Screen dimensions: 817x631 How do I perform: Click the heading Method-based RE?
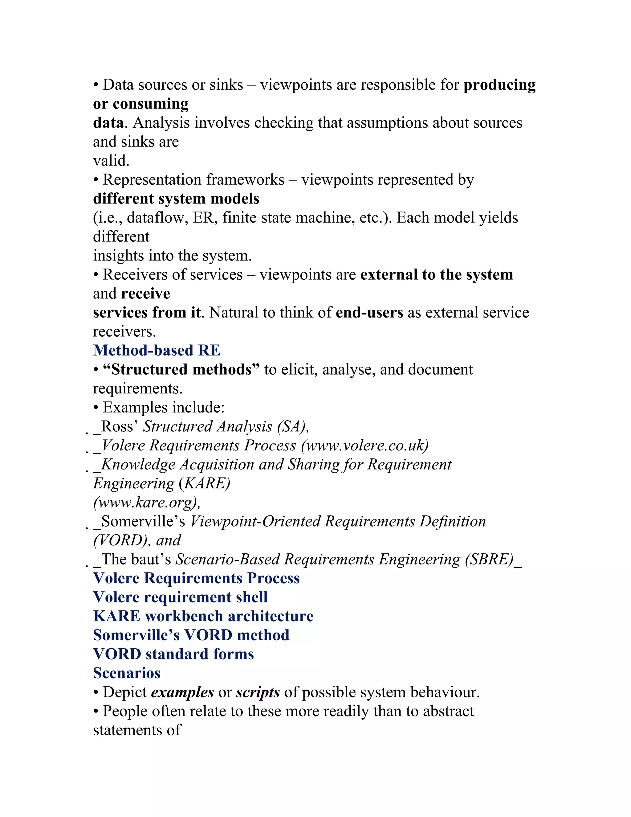[x=157, y=351]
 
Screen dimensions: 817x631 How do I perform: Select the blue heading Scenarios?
[x=127, y=673]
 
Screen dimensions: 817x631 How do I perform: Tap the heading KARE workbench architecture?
[x=203, y=616]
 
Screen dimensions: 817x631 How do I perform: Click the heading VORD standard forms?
[x=173, y=654]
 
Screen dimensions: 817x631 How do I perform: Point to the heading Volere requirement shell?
[x=180, y=597]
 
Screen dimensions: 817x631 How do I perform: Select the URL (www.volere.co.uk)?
[x=365, y=445]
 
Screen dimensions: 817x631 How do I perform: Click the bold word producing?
[x=499, y=85]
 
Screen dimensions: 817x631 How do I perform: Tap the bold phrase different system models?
[x=176, y=199]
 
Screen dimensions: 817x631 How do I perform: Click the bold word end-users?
[x=369, y=312]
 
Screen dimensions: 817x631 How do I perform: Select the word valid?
[x=111, y=161]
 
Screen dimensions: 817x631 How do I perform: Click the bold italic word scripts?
[x=258, y=692]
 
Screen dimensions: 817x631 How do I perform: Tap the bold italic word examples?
[x=182, y=692]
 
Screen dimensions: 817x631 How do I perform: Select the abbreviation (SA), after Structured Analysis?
[x=293, y=426]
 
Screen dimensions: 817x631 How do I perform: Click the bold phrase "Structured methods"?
[x=181, y=370]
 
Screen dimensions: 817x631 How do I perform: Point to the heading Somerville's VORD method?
[x=191, y=635]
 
